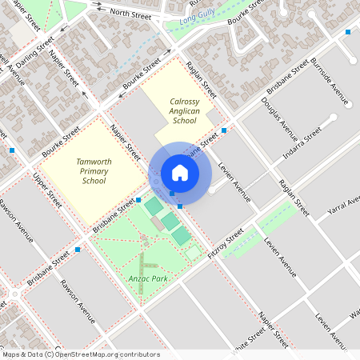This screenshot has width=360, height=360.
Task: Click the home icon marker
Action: point(180,173)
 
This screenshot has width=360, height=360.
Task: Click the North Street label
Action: point(130,14)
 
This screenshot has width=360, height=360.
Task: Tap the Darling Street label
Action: point(35,50)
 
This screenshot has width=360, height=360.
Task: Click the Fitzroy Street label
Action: point(225,245)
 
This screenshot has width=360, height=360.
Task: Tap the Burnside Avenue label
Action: point(330,82)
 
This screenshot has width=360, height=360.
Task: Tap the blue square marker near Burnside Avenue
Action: point(347,32)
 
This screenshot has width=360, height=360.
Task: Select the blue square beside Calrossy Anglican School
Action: point(224,130)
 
